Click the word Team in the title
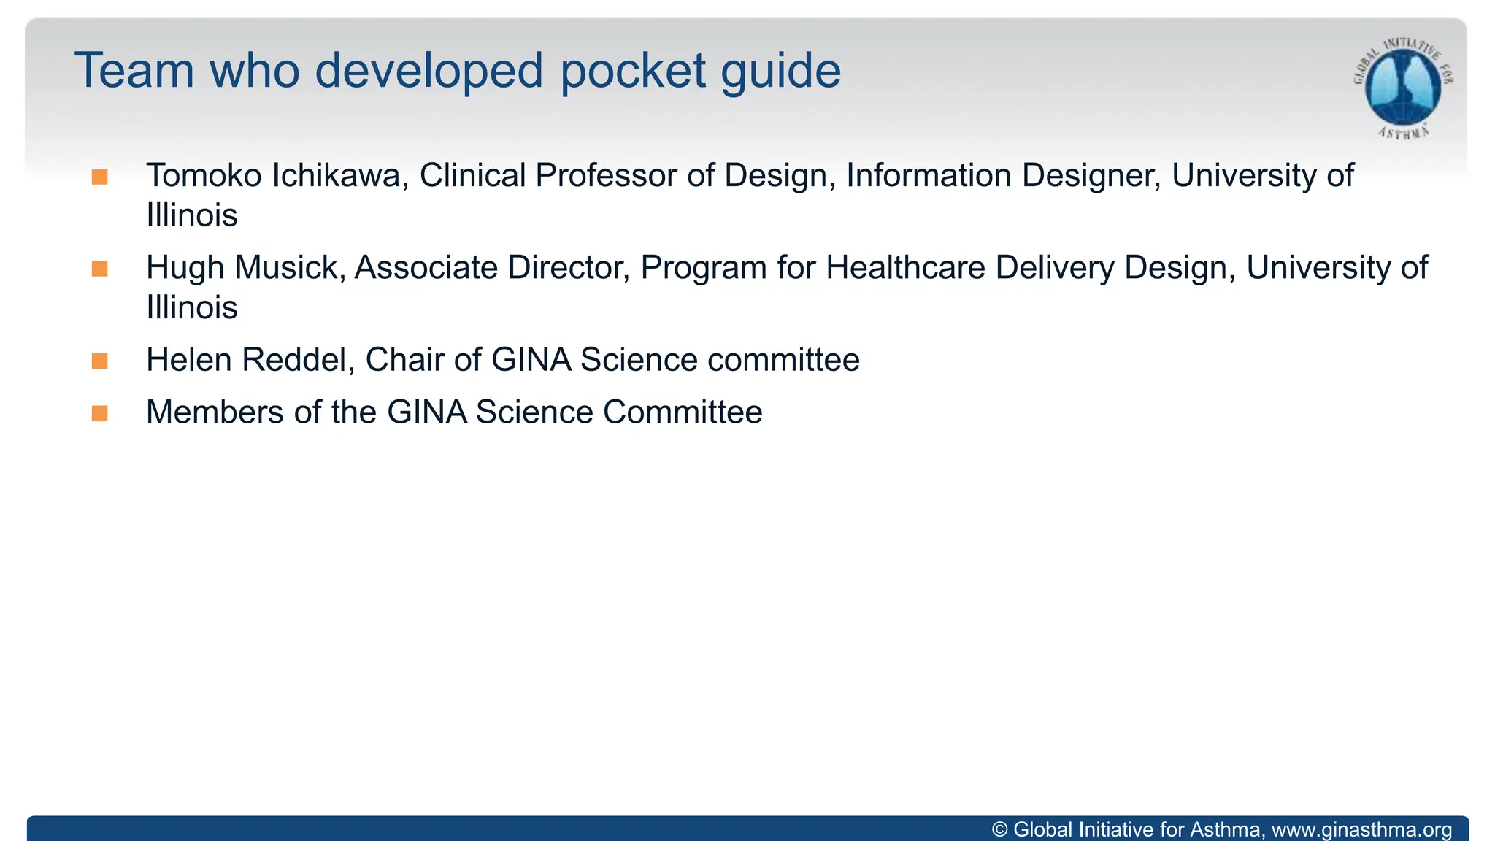pos(134,71)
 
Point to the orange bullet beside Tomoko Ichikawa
pos(100,177)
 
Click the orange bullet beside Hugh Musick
pos(100,269)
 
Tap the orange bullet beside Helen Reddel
pos(100,361)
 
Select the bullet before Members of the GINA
pos(100,413)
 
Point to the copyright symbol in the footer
pos(1000,830)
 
